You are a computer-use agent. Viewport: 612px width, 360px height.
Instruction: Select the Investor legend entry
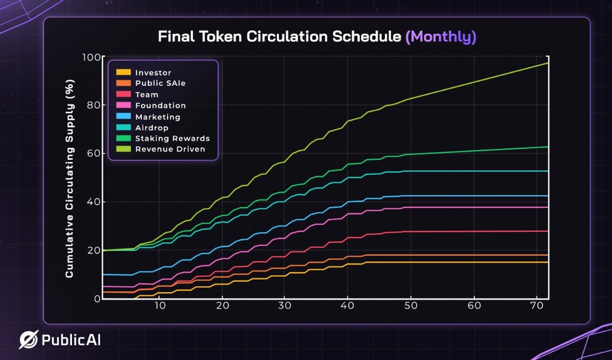(x=153, y=72)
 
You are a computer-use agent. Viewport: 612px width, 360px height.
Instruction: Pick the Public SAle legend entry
(x=160, y=83)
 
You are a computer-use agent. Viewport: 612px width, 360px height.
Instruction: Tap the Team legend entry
(x=146, y=94)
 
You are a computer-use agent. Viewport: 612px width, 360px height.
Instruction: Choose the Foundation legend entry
(x=160, y=106)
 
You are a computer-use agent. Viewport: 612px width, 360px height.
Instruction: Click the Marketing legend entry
(x=158, y=117)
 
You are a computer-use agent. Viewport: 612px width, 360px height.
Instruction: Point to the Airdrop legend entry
(x=152, y=127)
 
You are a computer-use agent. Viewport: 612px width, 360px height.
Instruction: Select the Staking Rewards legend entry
(x=172, y=139)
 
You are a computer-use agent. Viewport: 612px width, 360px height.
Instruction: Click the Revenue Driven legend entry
(x=170, y=149)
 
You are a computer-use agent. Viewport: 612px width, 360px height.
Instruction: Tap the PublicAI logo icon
(x=29, y=340)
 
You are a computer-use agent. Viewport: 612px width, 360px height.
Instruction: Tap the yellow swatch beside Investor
(x=123, y=72)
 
